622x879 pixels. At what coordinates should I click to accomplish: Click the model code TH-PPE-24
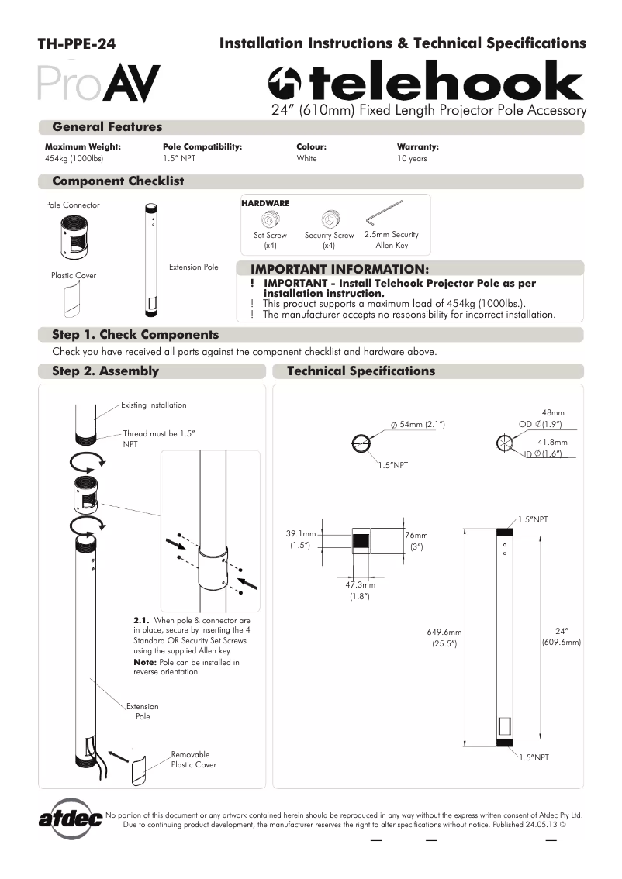[77, 45]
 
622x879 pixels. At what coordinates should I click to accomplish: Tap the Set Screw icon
[270, 218]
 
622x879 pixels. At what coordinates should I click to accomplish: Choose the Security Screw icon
[329, 218]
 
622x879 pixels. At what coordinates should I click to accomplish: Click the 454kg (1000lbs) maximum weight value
[74, 159]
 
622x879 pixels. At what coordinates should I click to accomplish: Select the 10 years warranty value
[412, 159]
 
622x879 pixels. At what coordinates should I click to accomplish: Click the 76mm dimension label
[416, 535]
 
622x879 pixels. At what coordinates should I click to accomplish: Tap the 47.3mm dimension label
[357, 585]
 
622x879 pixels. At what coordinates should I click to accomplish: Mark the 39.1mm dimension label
[302, 534]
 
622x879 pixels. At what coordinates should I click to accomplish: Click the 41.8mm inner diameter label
[552, 442]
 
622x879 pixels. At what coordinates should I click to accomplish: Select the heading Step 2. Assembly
[105, 371]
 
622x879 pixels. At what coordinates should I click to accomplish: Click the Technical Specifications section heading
[361, 371]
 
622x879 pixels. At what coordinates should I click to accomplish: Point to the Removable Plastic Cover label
[193, 760]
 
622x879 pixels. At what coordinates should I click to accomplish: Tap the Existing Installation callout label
[154, 405]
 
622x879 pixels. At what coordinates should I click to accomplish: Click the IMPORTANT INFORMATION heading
[339, 269]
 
